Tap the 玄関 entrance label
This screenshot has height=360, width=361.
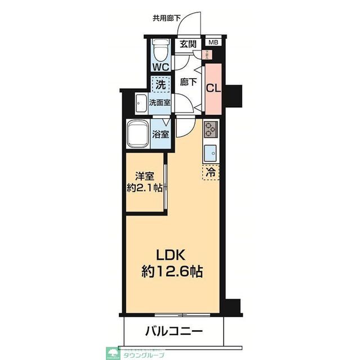click(187, 44)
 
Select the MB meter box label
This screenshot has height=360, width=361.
click(213, 43)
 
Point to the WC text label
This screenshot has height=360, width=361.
click(161, 66)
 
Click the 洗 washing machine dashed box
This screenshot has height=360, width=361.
click(160, 86)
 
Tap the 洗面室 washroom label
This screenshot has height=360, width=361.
click(160, 103)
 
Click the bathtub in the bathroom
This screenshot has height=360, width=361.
click(137, 134)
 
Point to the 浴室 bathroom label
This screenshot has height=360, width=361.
click(161, 134)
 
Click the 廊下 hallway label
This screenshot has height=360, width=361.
click(188, 82)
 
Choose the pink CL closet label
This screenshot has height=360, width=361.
click(212, 88)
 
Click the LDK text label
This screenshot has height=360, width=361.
click(172, 253)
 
